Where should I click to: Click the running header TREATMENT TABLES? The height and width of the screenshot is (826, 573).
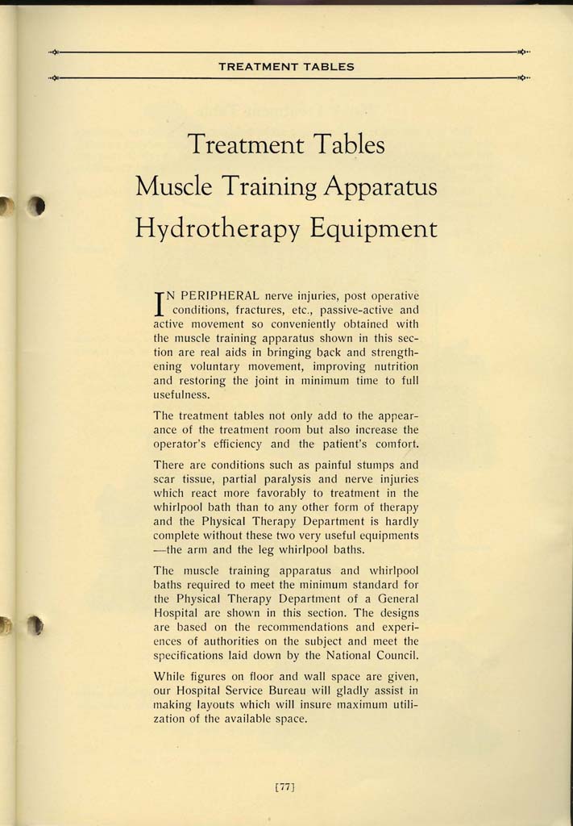pos(286,66)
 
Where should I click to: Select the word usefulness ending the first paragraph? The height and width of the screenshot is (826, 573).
pos(181,394)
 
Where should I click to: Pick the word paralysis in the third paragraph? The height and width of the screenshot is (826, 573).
pos(247,478)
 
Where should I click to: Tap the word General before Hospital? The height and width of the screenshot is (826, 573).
pos(392,598)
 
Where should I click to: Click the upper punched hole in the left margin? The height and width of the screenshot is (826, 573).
pos(35,207)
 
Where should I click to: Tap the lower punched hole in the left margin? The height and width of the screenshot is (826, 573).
pos(35,625)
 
